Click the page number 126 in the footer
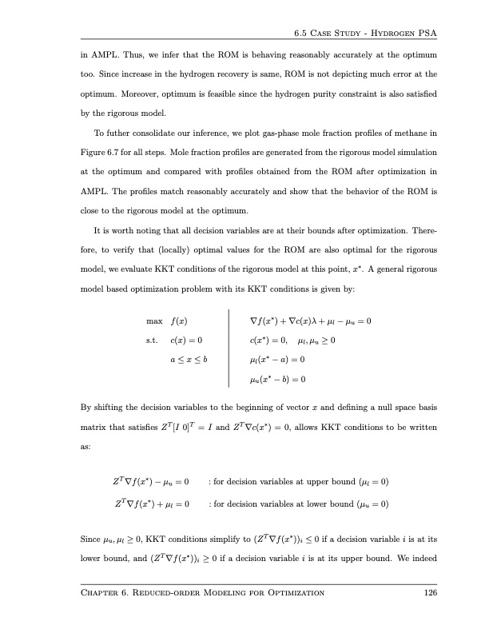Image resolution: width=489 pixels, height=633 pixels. (x=427, y=592)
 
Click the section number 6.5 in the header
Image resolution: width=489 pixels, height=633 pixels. (x=301, y=33)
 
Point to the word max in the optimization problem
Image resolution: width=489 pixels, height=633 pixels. (x=156, y=321)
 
